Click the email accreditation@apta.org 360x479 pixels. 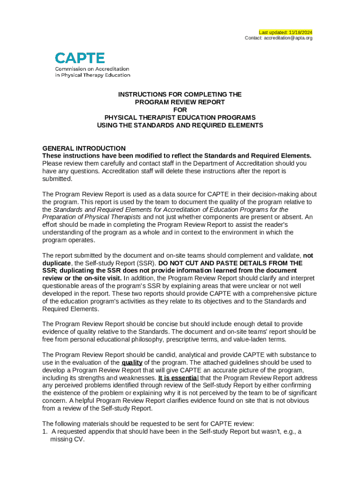(x=288, y=38)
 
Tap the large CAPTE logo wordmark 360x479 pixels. (x=80, y=58)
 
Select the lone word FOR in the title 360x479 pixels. (x=180, y=110)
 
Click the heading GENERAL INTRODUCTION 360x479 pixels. (x=84, y=148)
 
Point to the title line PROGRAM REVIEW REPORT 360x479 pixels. (x=180, y=102)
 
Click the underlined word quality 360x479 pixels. (x=132, y=363)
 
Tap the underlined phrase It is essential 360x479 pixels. (x=178, y=378)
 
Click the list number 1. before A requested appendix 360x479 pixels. (x=45, y=432)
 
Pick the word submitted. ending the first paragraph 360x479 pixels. (x=58, y=179)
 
